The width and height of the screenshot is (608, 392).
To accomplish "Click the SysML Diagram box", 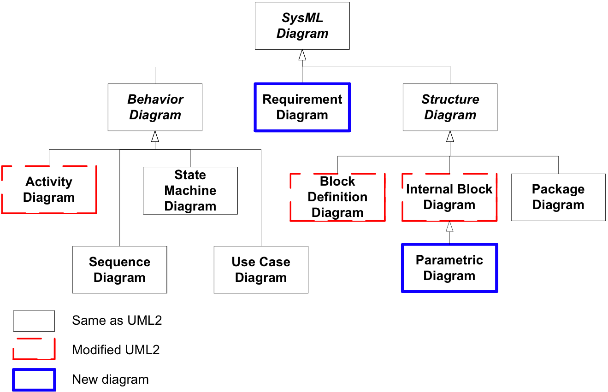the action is (302, 26).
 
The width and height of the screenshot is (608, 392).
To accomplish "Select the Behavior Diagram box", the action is (155, 107).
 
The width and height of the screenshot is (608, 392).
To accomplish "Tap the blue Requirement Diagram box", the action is (302, 107).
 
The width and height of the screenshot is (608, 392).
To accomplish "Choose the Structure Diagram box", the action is (450, 107).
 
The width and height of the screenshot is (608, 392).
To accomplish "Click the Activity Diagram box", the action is (49, 190).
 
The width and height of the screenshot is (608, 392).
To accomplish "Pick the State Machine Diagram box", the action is (190, 190).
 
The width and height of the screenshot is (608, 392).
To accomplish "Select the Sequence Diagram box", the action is (120, 269).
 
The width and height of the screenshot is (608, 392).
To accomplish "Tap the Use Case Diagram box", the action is (261, 269).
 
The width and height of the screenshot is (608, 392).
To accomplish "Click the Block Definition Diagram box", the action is (338, 197).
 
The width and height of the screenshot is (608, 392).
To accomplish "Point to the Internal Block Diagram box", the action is (449, 197).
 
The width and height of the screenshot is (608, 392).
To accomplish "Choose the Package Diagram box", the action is (558, 197).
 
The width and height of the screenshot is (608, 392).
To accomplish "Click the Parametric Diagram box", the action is (449, 268).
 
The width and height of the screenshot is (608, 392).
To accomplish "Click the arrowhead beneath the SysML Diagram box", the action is (302, 55).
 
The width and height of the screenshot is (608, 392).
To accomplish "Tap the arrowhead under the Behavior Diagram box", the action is (155, 136).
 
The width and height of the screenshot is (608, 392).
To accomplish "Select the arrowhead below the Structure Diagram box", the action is (450, 136).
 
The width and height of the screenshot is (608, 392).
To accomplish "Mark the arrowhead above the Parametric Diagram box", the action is (449, 227).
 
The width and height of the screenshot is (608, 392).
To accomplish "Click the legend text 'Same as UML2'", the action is (117, 321).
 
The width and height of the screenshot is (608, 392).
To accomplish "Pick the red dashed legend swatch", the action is (34, 349).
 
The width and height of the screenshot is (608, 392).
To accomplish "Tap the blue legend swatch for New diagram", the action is (34, 380).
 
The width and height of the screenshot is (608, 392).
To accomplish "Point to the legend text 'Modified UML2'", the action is (116, 350).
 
